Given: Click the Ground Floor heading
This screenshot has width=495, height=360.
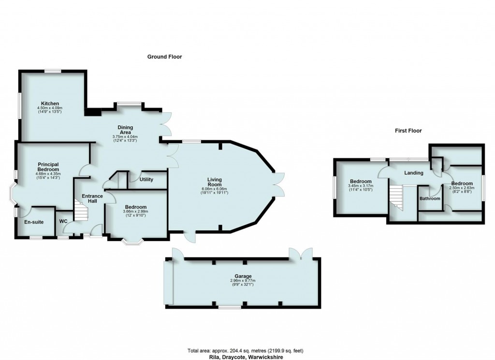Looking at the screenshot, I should click(x=164, y=57).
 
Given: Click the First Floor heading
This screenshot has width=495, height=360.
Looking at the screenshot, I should click(x=408, y=131).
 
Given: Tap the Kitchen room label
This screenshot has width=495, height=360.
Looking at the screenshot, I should click(x=50, y=104).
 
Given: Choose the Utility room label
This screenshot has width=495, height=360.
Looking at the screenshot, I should click(x=146, y=180).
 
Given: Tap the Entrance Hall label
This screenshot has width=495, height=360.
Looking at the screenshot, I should click(x=92, y=198).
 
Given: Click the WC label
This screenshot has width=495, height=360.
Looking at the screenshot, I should click(x=63, y=221).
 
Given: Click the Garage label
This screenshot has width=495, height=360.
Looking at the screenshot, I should click(x=243, y=276).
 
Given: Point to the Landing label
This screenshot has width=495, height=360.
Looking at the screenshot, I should click(x=414, y=173).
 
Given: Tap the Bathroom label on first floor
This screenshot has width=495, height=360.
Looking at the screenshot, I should click(x=430, y=198).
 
